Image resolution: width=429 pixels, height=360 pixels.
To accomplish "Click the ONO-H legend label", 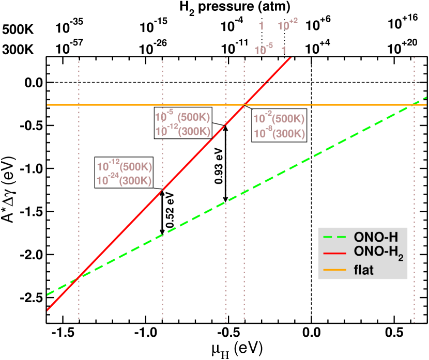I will coord(376,237).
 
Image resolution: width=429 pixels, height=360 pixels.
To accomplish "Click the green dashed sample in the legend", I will coord(334,237).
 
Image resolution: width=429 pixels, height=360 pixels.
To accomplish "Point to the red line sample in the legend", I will coord(334,253).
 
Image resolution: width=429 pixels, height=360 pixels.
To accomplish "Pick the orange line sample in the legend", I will coord(334,269).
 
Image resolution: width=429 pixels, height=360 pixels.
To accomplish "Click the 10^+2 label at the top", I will coord(287,25).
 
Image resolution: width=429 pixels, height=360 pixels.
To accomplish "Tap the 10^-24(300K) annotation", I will coord(124,181).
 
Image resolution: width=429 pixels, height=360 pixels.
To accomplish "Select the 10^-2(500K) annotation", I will coord(279,119).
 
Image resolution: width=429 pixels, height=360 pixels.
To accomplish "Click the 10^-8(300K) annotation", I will coord(279,133).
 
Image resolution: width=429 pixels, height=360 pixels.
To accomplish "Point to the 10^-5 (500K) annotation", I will coord(182,117).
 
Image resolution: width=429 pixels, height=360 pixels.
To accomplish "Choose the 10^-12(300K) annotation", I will coord(183,131).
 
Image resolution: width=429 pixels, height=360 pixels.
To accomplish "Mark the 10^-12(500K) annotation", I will coord(124,166).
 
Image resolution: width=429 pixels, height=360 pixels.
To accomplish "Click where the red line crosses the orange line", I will coord(244,105).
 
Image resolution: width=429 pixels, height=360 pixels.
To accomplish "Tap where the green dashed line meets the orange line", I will coord(414,105).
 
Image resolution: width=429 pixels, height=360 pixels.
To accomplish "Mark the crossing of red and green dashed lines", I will coord(78,277).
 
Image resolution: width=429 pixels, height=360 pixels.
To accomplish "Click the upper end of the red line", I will coord(290,58).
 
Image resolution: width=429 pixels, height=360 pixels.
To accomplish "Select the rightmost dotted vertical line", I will coord(414,207).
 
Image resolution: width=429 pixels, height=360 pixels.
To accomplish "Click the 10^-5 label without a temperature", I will coord(264,51).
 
